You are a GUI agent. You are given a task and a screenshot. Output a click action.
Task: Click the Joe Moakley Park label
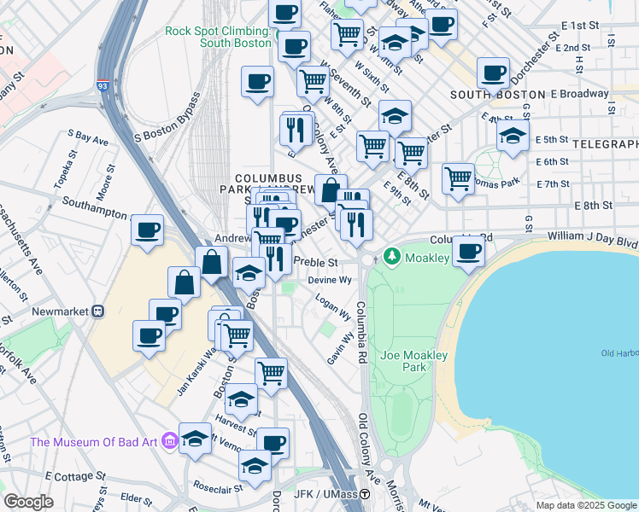point(403,361)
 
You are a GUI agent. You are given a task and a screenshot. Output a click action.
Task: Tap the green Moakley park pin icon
point(392,255)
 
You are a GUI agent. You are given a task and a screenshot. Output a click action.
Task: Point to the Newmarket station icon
point(98,311)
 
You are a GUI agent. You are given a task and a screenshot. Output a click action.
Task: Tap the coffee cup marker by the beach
point(468,251)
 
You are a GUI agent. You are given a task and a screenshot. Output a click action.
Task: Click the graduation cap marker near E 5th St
point(513,137)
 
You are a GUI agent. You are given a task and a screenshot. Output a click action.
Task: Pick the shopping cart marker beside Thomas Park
point(459,178)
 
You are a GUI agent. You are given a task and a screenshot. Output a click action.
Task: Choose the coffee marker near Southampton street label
point(149,230)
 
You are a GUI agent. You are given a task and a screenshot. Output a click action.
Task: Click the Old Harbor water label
point(619,353)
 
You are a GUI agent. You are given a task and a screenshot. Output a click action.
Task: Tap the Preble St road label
point(316,263)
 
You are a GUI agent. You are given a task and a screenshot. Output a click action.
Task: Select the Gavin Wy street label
point(341,349)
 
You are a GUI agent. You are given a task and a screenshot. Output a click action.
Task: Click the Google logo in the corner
point(28,502)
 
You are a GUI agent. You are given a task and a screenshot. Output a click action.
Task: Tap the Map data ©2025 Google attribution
point(585,505)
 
